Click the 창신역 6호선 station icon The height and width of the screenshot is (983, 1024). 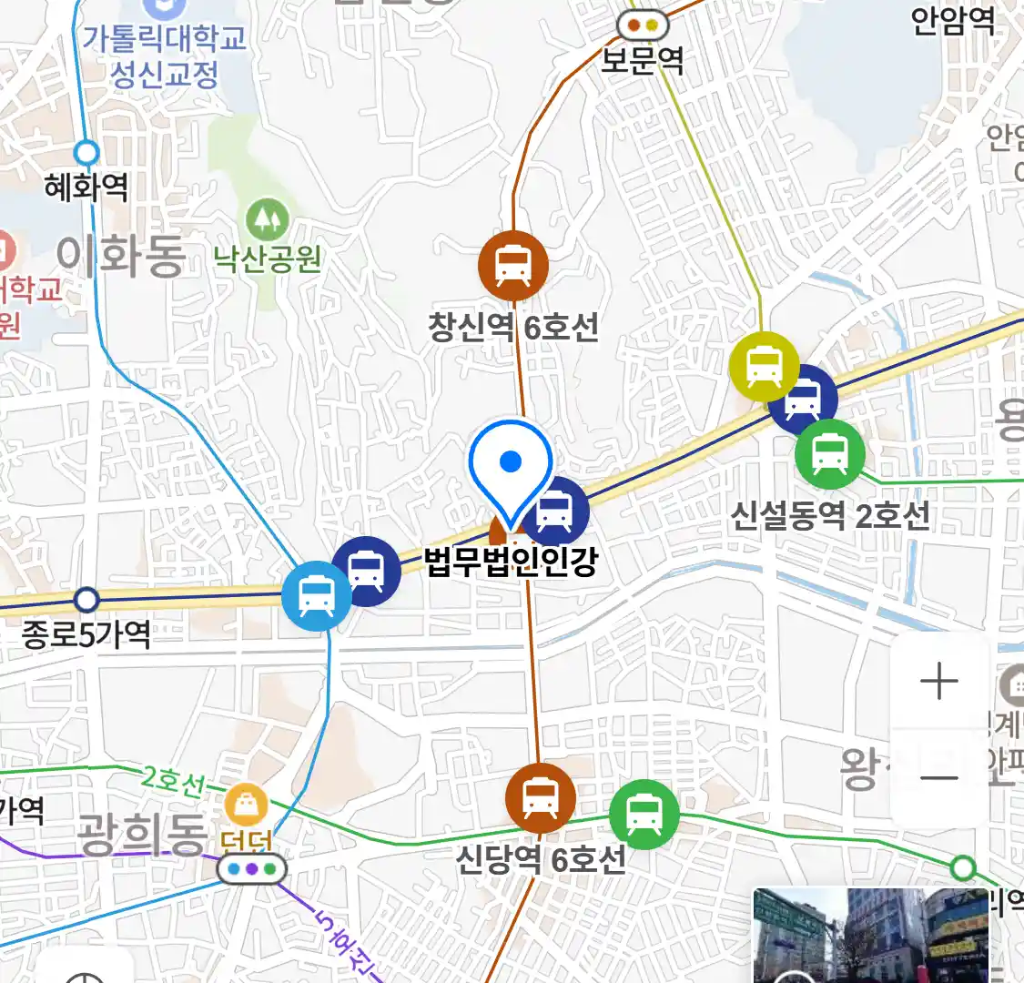(513, 265)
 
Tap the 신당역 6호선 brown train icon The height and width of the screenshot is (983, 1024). (541, 798)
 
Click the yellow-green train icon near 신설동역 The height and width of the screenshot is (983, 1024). (765, 367)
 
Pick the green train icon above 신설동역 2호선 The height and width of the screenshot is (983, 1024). (829, 453)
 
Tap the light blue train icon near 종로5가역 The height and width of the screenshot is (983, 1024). (315, 596)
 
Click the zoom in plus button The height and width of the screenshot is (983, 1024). (938, 682)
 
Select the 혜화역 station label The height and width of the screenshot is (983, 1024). (86, 187)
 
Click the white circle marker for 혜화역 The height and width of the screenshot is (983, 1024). (87, 151)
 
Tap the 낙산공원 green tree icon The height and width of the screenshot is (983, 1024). (267, 219)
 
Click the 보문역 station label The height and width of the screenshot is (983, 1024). (643, 61)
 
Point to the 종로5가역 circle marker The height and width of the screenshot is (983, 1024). (86, 600)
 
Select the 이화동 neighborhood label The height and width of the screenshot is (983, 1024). (121, 256)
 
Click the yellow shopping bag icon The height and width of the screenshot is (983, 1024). (246, 806)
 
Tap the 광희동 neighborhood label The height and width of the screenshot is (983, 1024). (142, 834)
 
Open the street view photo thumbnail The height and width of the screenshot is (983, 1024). (870, 935)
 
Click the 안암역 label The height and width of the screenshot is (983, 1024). (953, 20)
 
